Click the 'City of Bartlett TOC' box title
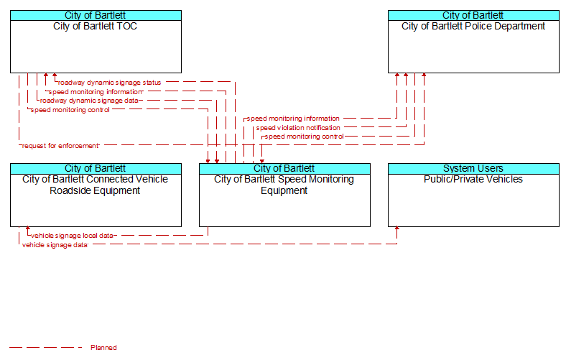(96, 27)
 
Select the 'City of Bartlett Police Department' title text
(473, 27)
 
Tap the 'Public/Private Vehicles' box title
(473, 180)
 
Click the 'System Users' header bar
(473, 169)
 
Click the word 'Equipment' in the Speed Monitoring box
(284, 191)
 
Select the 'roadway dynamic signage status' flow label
(109, 83)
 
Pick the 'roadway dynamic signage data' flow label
(89, 101)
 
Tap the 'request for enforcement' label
(60, 146)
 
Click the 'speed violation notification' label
(298, 128)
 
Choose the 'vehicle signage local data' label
(72, 236)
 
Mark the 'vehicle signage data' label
(55, 245)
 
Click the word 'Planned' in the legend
(103, 348)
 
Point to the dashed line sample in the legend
(46, 348)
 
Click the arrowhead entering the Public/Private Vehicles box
(397, 229)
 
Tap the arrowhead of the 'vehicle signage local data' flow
(28, 229)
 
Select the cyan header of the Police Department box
(473, 16)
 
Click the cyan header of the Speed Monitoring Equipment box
(285, 169)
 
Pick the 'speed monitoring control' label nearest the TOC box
(70, 110)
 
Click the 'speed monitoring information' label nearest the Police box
(293, 119)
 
